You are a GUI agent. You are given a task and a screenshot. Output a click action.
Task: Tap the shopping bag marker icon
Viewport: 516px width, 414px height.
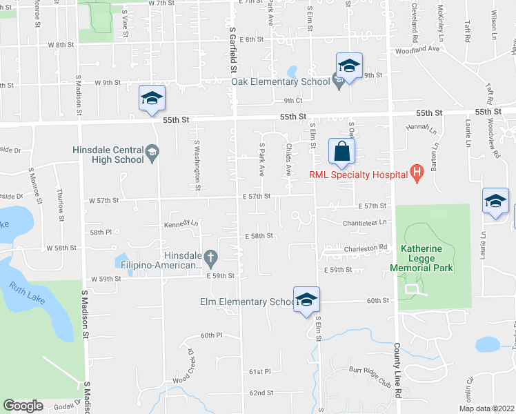(x=341, y=151)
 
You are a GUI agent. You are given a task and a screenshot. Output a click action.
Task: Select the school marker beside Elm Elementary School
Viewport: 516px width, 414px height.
(x=306, y=299)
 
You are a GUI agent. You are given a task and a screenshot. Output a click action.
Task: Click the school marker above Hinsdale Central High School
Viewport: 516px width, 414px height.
(x=152, y=98)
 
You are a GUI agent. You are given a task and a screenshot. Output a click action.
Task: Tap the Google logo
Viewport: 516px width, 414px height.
(x=23, y=406)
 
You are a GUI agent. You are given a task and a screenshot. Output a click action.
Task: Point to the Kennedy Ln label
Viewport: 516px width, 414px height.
(x=181, y=224)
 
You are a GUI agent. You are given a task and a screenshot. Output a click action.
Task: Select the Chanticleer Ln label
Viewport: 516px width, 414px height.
(x=366, y=223)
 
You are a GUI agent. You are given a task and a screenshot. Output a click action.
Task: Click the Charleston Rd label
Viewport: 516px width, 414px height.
(x=368, y=247)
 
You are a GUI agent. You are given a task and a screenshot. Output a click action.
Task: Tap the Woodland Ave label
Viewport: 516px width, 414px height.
(x=416, y=50)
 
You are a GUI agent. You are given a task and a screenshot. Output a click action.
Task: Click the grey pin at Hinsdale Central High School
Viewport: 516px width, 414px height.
(x=152, y=151)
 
